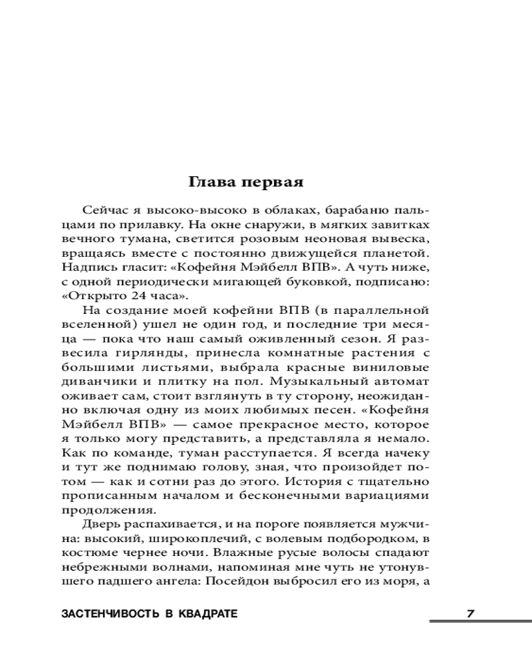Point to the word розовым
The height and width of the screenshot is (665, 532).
(279, 238)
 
